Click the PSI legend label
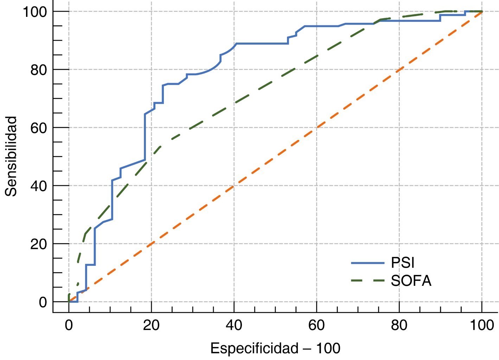click(403, 263)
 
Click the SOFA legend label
click(411, 281)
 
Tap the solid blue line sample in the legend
click(368, 263)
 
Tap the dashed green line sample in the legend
click(368, 281)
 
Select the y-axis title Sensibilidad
click(11, 156)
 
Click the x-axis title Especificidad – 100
click(275, 348)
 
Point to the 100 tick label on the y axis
click(35, 12)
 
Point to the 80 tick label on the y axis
click(39, 70)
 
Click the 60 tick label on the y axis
click(39, 128)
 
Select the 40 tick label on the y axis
click(39, 186)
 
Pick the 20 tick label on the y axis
click(39, 244)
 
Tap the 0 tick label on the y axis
click(43, 302)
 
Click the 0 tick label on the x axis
click(69, 325)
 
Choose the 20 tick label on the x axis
click(152, 325)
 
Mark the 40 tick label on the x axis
click(234, 325)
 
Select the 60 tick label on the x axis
click(317, 325)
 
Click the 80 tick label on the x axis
click(399, 325)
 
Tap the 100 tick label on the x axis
click(482, 325)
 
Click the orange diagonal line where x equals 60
click(317, 128)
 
